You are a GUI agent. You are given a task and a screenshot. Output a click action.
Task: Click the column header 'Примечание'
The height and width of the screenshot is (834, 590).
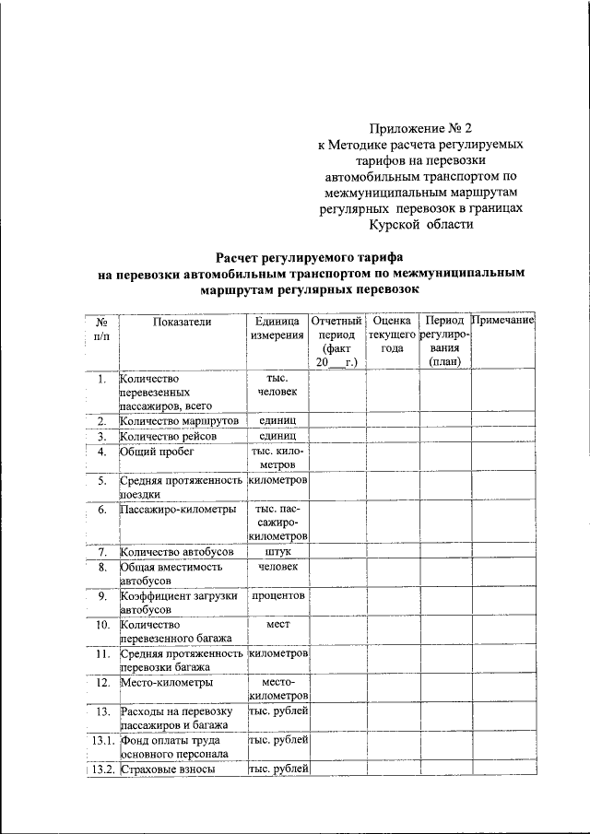[x=503, y=320]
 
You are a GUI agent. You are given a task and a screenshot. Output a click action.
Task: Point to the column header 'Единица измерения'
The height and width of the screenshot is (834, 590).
[x=277, y=327]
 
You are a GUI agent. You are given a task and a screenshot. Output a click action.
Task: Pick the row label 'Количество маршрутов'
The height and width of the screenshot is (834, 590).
[x=180, y=420]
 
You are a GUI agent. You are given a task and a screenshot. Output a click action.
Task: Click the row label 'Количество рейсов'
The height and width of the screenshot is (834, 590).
[x=168, y=436]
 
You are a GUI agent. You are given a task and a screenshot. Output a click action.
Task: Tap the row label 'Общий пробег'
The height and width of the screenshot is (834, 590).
[x=157, y=452]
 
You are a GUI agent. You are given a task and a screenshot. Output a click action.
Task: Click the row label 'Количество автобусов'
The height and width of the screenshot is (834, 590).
[x=177, y=553]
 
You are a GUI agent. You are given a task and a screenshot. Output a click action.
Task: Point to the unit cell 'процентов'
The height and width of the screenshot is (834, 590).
[x=277, y=595]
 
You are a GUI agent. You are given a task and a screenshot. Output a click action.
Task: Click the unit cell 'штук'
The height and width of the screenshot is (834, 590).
[x=277, y=553]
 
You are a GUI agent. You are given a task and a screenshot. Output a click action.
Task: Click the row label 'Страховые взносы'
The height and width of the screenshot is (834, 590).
[x=169, y=769]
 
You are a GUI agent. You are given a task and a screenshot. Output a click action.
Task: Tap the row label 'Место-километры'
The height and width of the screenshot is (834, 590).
[x=167, y=683]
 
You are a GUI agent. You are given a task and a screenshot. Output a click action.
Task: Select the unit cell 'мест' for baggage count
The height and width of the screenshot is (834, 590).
[x=277, y=624]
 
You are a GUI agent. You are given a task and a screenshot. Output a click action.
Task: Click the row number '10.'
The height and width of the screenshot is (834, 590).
[x=102, y=624]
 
